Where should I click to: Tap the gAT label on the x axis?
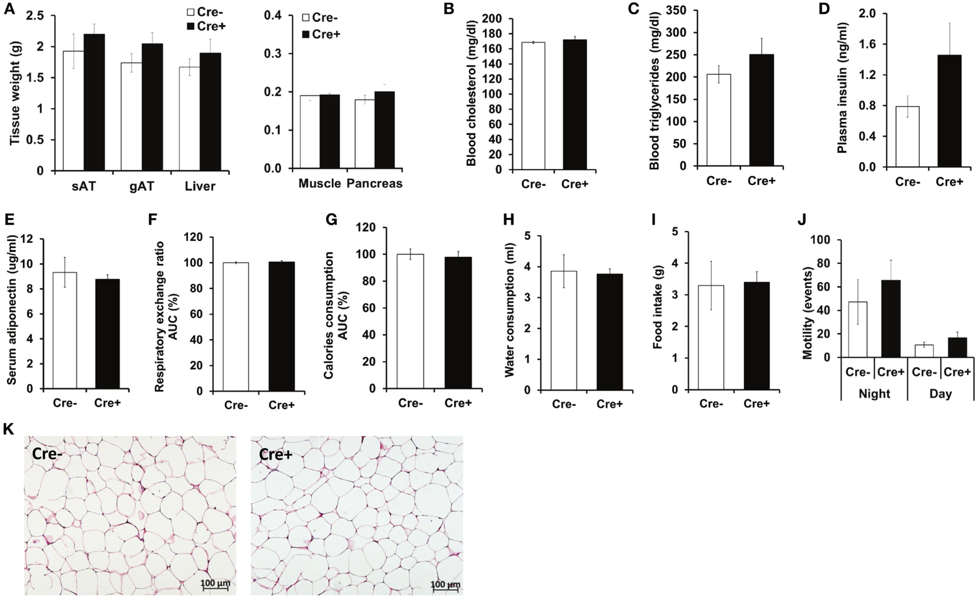(142, 186)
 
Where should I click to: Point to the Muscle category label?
(319, 184)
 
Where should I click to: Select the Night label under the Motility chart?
(874, 394)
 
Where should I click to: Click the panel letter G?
(331, 220)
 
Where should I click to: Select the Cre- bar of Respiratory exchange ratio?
(236, 327)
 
